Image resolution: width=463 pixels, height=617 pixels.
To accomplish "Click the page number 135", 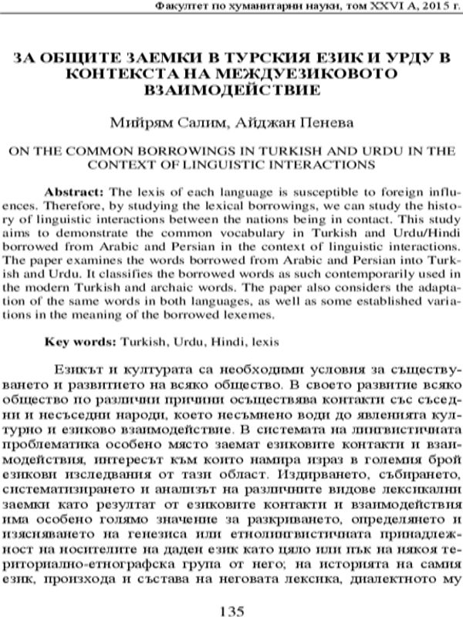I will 231,609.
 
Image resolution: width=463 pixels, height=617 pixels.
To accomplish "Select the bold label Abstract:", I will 71,190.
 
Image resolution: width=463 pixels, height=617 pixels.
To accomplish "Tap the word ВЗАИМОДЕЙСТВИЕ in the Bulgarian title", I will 231,89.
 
